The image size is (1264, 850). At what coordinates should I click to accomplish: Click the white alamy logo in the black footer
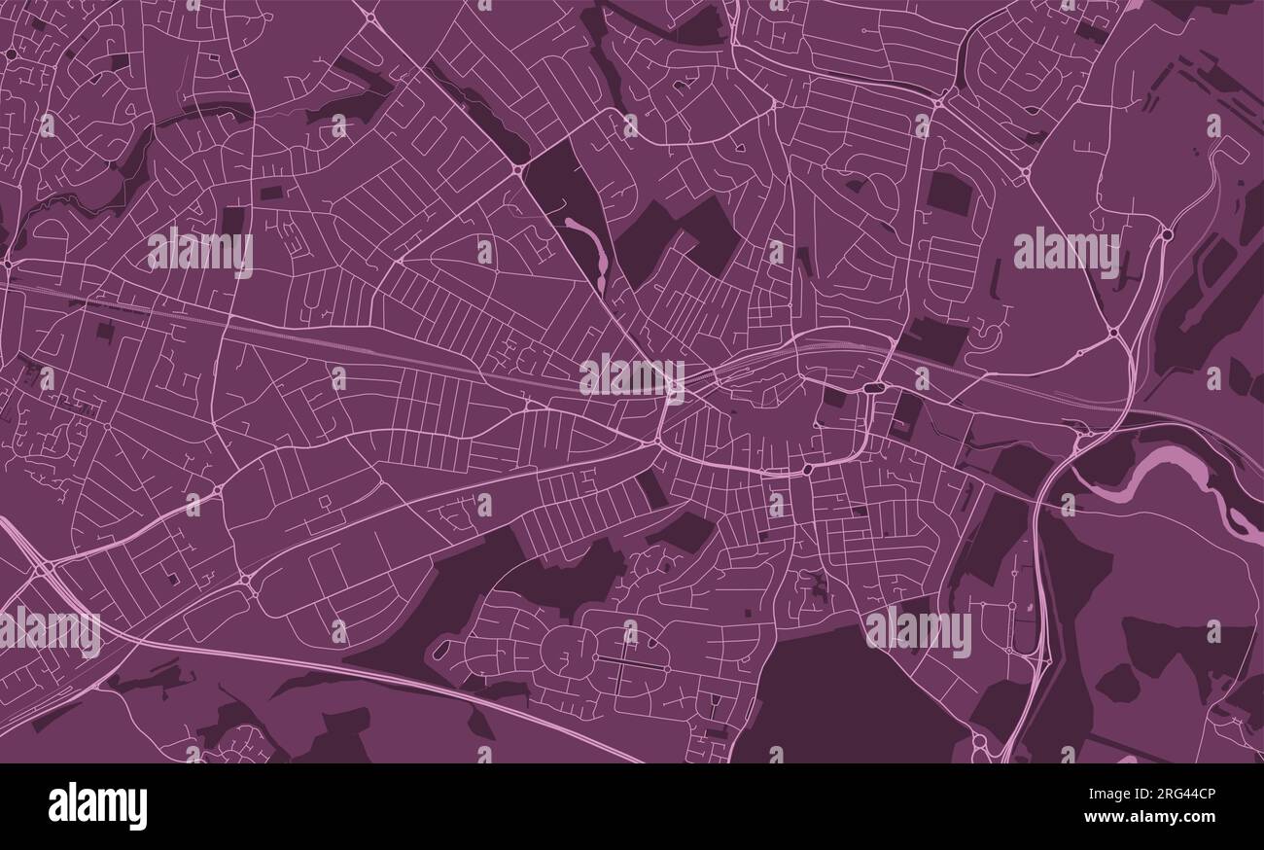(x=97, y=806)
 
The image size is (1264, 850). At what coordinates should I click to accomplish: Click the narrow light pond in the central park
(x=592, y=247)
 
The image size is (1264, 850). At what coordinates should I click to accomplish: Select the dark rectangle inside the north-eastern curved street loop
(x=948, y=193)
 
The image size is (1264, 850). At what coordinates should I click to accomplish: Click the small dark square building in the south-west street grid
(x=173, y=580)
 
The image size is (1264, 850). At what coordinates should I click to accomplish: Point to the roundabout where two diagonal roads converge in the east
(x=1113, y=333)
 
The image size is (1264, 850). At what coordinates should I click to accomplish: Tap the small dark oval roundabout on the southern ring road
(x=807, y=471)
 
